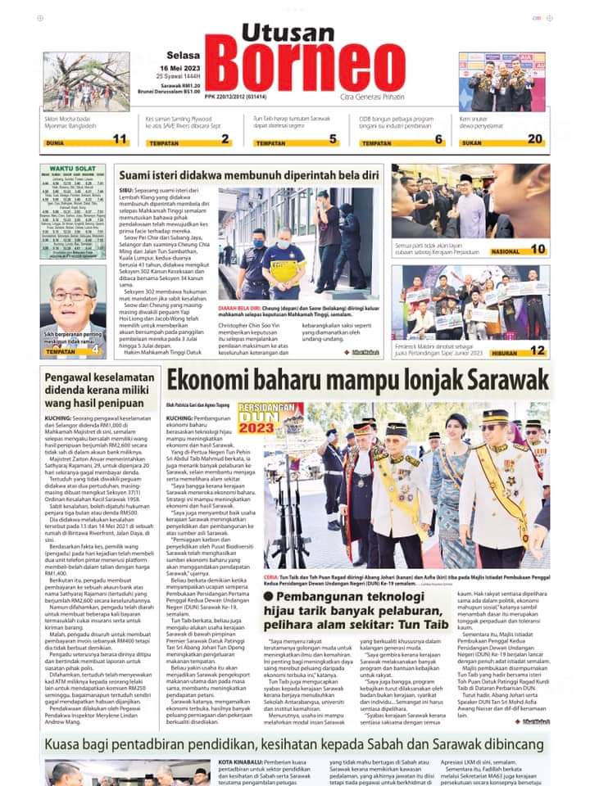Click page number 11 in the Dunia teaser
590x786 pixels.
(120, 140)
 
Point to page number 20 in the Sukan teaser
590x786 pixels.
(535, 140)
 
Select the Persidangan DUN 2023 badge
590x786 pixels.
(270, 419)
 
